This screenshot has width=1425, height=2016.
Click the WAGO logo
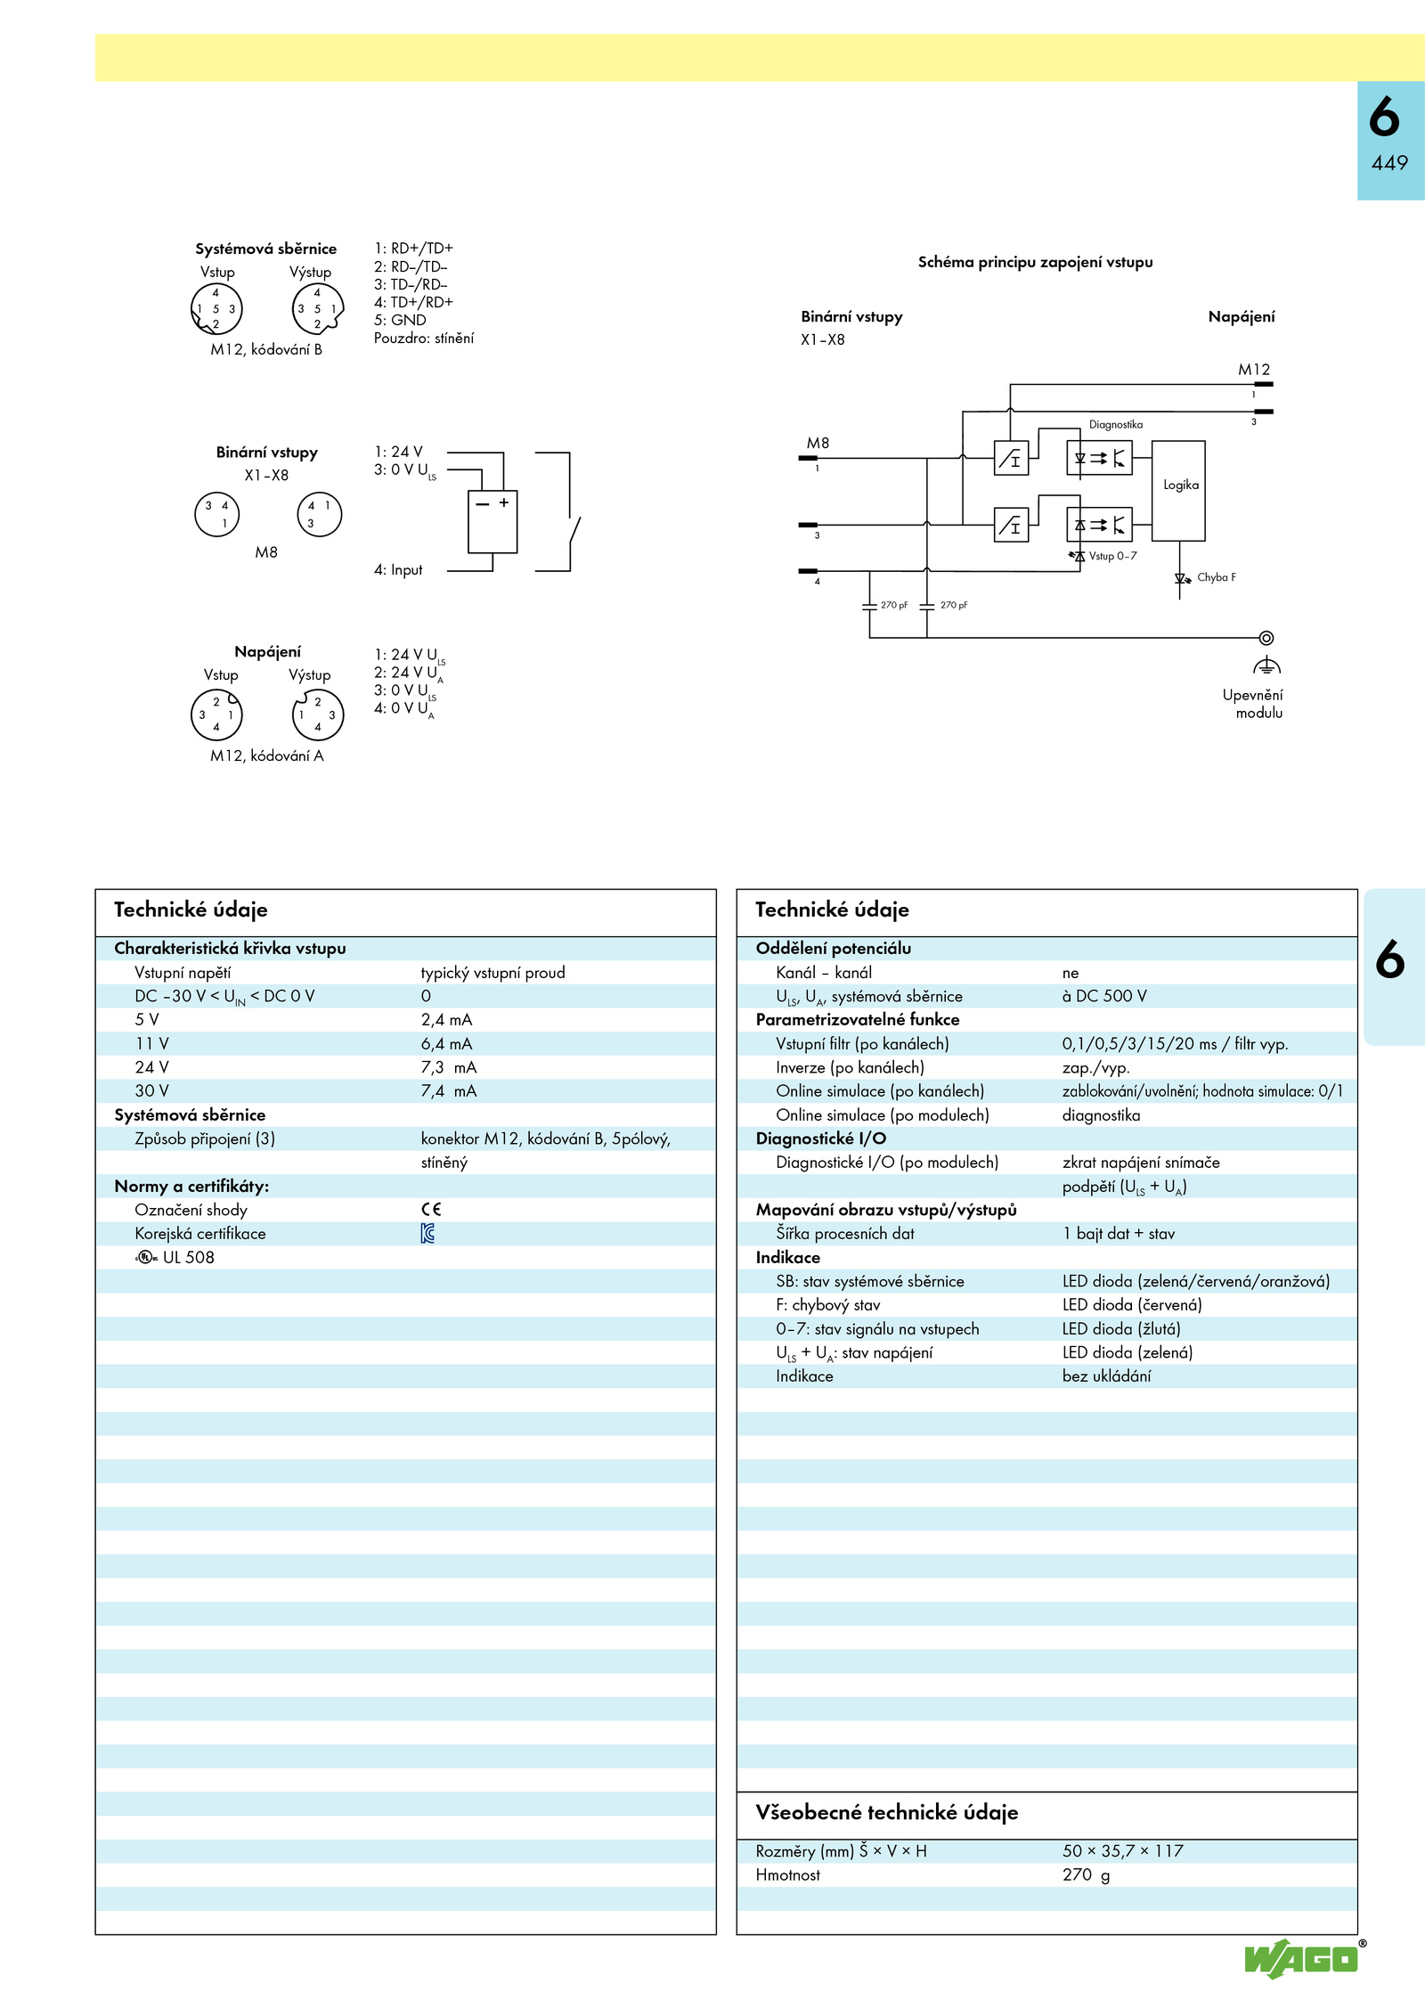tap(1302, 1959)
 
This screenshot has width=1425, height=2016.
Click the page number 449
tap(1389, 163)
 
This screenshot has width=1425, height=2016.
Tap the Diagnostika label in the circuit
tap(1115, 425)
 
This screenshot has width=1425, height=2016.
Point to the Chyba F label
tap(1216, 577)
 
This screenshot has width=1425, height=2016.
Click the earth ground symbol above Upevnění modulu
tap(1266, 665)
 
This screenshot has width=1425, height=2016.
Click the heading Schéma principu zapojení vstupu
tap(1035, 262)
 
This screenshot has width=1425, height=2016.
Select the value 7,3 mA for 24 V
tap(449, 1067)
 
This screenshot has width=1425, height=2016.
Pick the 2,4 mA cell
tap(446, 1020)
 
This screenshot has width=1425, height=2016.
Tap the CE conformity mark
tap(431, 1210)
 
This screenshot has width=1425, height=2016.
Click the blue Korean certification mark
tap(427, 1234)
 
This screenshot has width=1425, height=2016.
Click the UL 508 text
tap(188, 1258)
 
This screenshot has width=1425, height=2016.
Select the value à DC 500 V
tap(1104, 996)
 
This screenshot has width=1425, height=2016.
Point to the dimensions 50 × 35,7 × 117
tap(1122, 1851)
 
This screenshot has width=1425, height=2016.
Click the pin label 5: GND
tap(400, 320)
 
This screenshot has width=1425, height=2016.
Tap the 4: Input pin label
tap(398, 570)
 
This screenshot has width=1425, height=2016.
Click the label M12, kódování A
tap(267, 756)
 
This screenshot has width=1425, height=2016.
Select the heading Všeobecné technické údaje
tap(886, 1813)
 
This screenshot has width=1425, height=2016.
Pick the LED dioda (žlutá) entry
tap(1121, 1329)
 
